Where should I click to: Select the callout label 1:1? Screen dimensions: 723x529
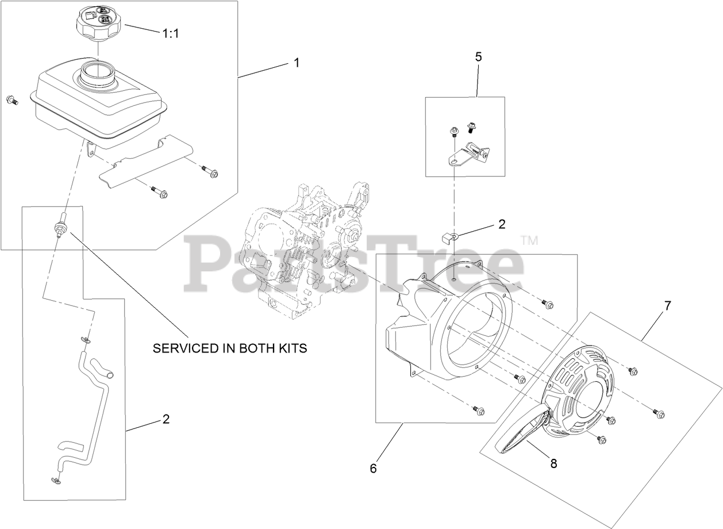pyautogui.click(x=171, y=34)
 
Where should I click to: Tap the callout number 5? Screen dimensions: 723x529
pyautogui.click(x=478, y=57)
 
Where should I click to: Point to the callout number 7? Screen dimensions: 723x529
pyautogui.click(x=667, y=306)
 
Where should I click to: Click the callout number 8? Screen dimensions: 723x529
pyautogui.click(x=553, y=464)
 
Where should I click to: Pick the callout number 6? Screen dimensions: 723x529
pyautogui.click(x=374, y=469)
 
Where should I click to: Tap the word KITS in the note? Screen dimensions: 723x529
pyautogui.click(x=293, y=348)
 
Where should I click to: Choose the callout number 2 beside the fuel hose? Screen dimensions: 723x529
pyautogui.click(x=166, y=419)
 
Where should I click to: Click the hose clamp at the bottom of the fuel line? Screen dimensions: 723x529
pyautogui.click(x=56, y=478)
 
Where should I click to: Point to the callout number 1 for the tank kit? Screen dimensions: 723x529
pyautogui.click(x=297, y=63)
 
